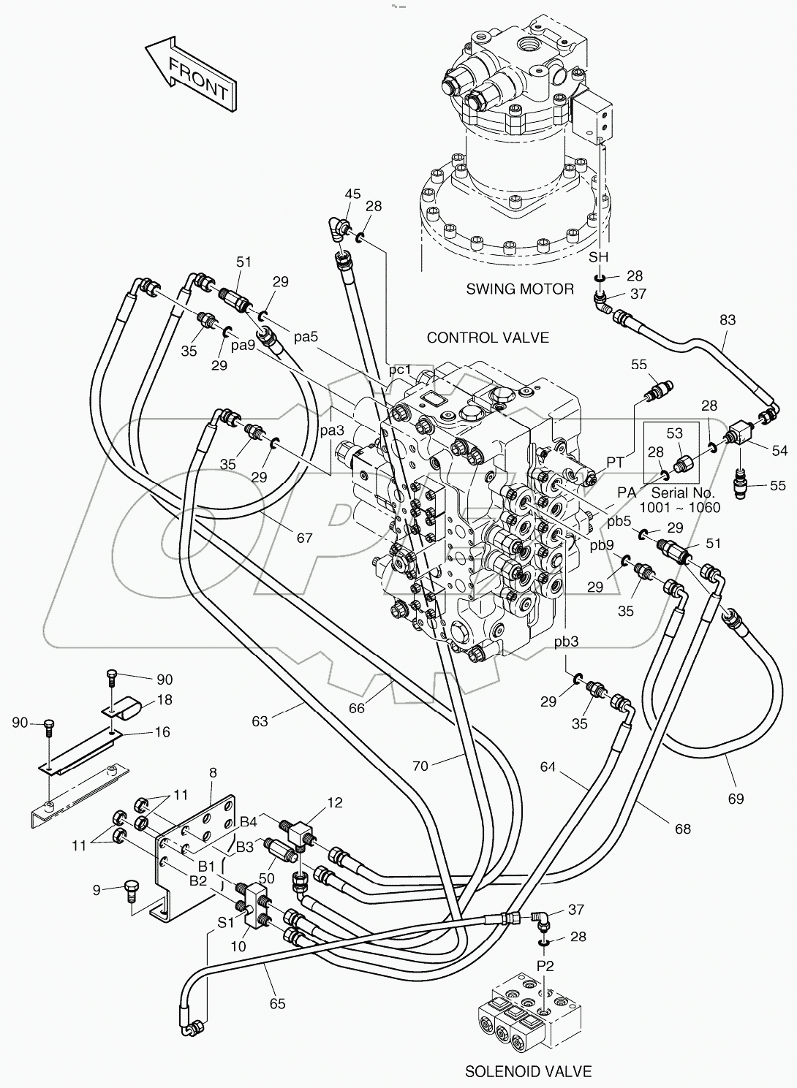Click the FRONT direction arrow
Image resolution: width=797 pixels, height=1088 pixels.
tap(192, 77)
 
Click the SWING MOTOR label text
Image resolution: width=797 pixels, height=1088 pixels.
tap(520, 289)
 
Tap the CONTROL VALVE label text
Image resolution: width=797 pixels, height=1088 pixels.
tap(488, 338)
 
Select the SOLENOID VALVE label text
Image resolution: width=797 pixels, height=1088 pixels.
tap(528, 1071)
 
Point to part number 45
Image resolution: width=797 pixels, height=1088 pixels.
tap(352, 194)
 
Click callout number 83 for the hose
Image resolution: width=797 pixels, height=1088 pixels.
tap(727, 320)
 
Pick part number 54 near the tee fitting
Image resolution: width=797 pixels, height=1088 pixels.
tap(779, 451)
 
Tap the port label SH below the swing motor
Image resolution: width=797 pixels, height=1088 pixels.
tap(599, 256)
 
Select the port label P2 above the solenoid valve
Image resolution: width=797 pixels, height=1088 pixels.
tap(545, 965)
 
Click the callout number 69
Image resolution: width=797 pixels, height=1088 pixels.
tap(736, 799)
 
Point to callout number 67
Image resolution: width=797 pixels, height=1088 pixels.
tap(304, 538)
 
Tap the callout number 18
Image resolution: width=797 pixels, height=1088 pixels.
tap(165, 700)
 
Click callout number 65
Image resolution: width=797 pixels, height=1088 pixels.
tap(277, 1003)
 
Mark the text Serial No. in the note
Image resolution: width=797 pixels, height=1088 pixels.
tap(680, 493)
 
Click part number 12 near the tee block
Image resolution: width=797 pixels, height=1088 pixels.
tap(334, 803)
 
